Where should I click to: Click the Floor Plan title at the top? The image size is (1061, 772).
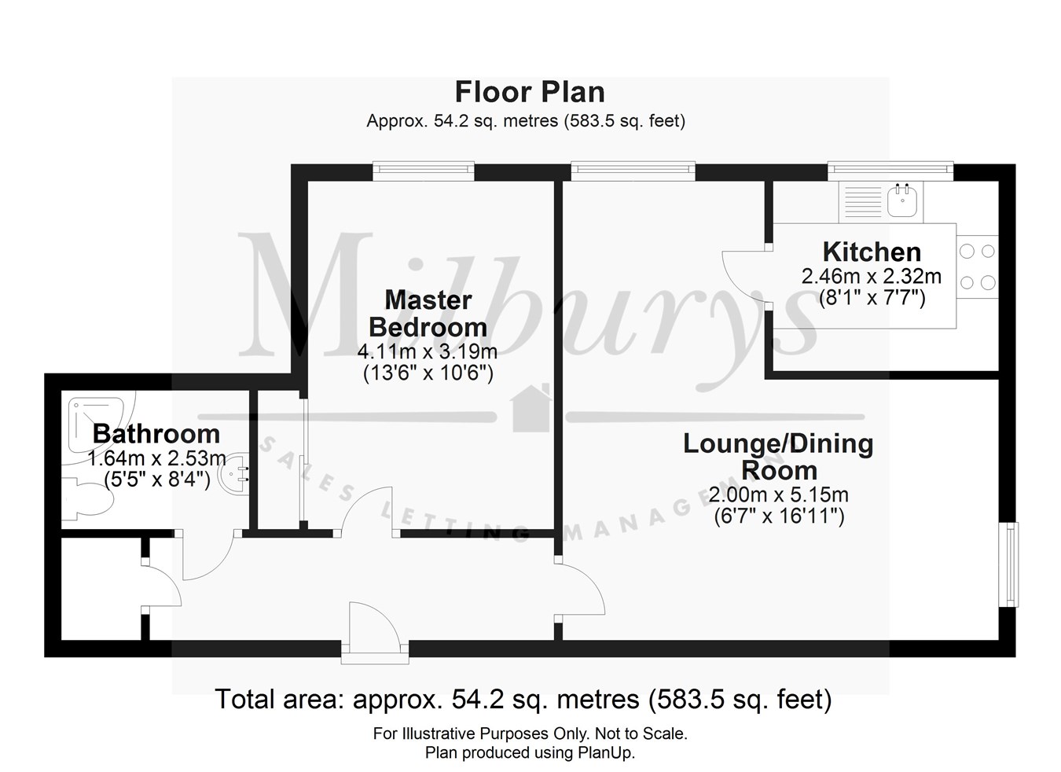(x=530, y=92)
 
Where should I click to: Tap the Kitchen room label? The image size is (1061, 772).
(x=872, y=252)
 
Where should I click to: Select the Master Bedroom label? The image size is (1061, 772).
(x=428, y=313)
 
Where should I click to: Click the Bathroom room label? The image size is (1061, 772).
(x=156, y=433)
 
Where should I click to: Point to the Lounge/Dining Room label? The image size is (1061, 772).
(x=778, y=457)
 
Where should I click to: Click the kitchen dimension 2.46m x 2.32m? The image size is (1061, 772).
(x=871, y=277)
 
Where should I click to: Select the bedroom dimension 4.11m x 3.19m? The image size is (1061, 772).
(x=428, y=351)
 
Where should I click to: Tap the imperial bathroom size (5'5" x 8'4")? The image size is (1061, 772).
(x=157, y=480)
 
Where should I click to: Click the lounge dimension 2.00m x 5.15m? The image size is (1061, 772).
(x=778, y=495)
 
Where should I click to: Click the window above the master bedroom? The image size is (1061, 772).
(x=424, y=170)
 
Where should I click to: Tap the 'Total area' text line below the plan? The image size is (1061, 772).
(x=523, y=698)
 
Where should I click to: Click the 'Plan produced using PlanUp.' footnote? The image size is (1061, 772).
(x=530, y=752)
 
